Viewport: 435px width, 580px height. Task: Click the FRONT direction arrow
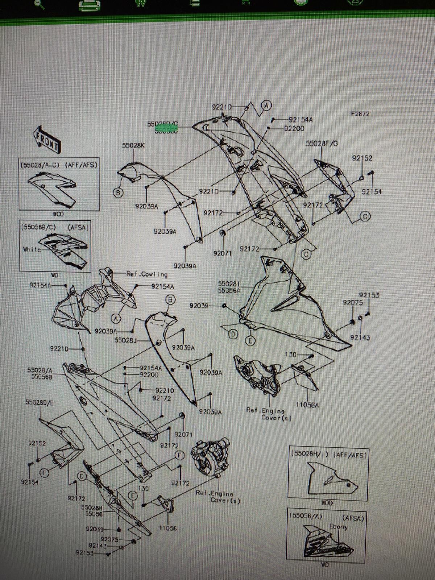pos(47,140)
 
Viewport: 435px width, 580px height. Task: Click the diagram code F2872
pos(360,113)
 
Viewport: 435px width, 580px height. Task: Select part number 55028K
pos(133,146)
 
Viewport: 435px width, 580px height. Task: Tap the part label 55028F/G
pos(322,144)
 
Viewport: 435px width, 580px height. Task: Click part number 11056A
pos(307,405)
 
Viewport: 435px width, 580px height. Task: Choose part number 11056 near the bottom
pos(167,528)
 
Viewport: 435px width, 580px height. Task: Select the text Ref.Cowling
pos(147,274)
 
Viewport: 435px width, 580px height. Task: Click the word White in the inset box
pos(32,249)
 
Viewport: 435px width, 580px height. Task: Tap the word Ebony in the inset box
pos(338,526)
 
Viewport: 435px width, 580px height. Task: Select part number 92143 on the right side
pos(360,337)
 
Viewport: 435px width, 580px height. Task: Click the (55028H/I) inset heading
pos(308,455)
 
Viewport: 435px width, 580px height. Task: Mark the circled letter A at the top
pos(267,105)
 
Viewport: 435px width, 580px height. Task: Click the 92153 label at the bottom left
pos(84,553)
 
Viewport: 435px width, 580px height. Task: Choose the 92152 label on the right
pos(362,158)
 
